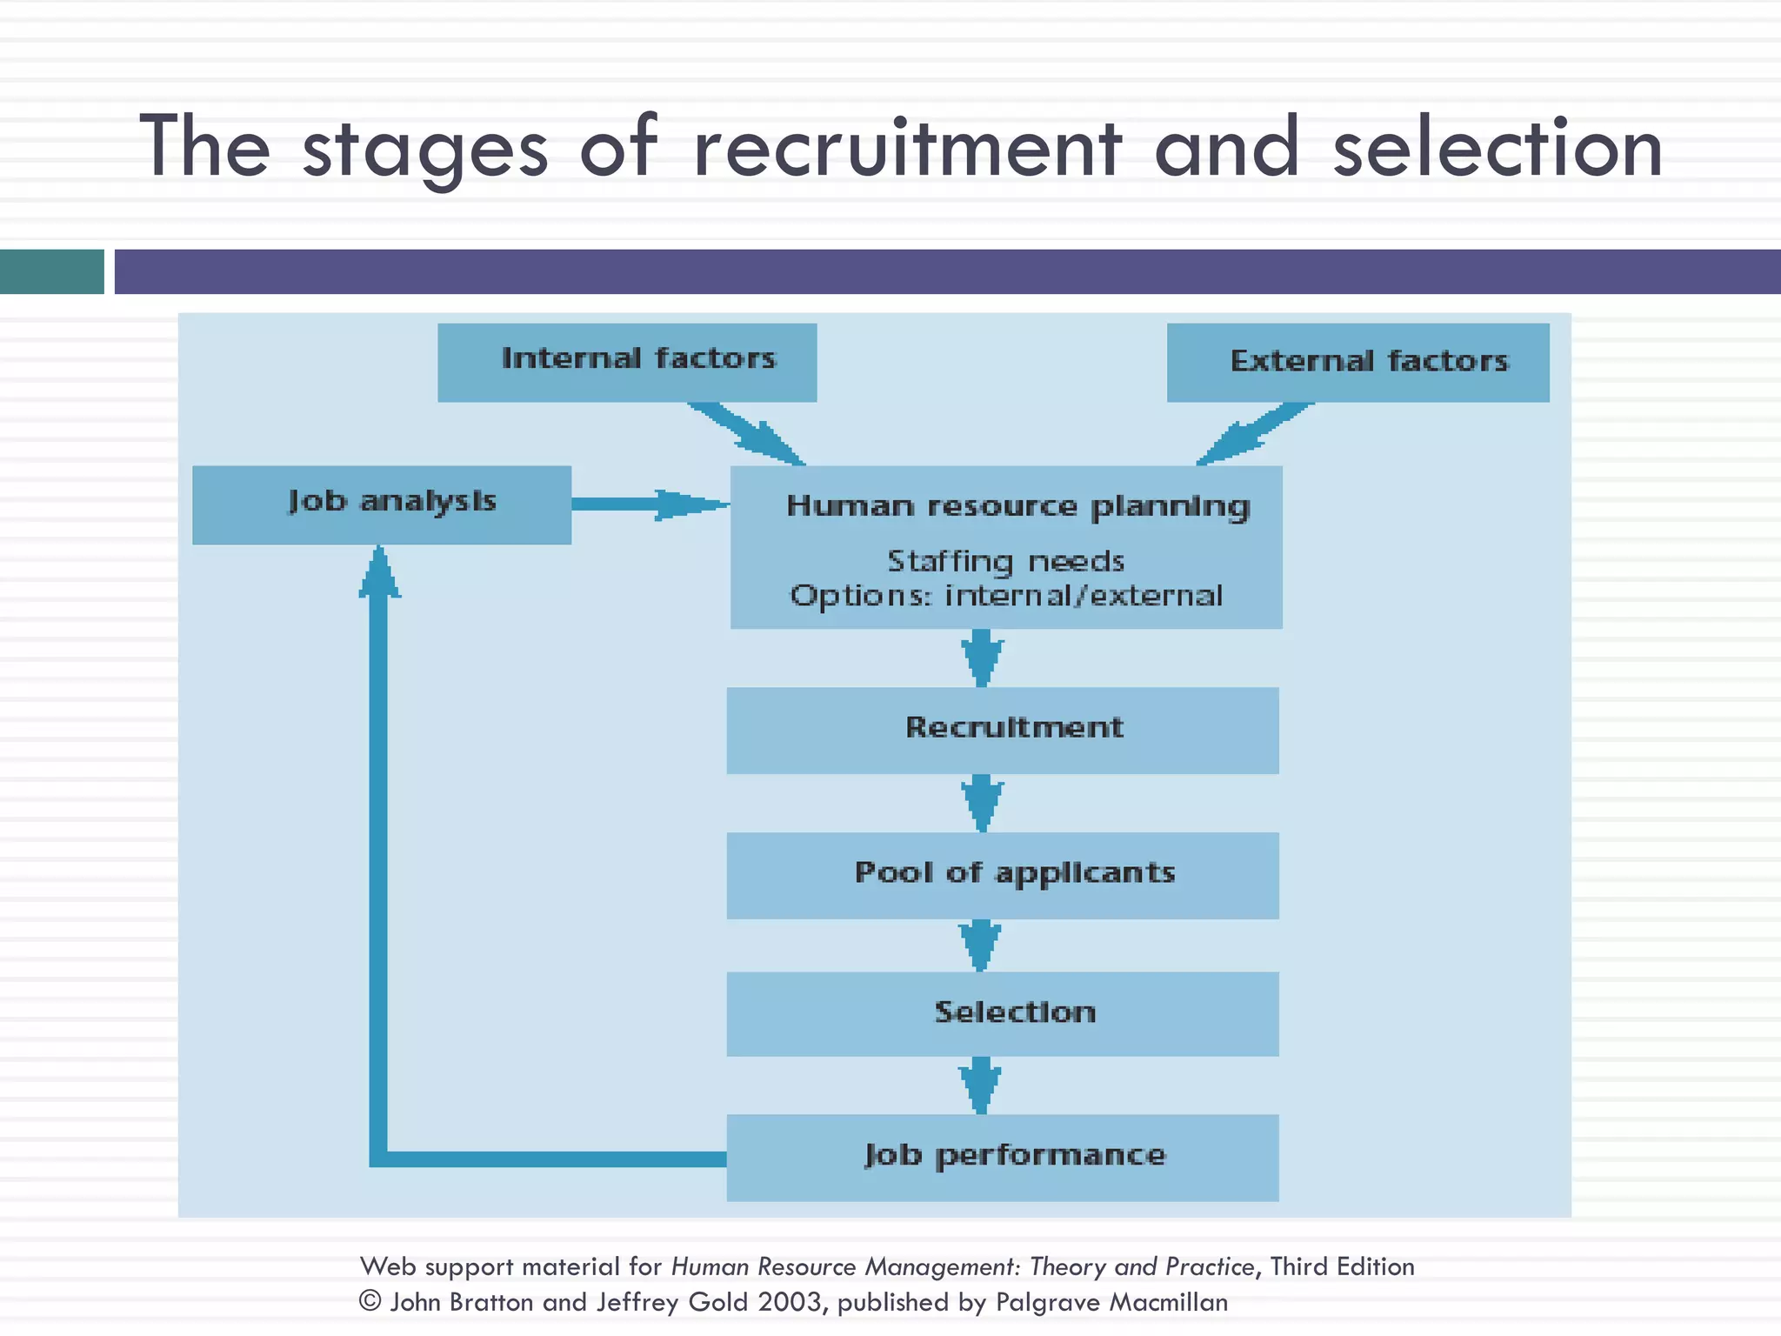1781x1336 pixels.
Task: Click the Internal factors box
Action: [626, 362]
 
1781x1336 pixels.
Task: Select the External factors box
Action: [1357, 362]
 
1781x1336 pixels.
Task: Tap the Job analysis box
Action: [381, 504]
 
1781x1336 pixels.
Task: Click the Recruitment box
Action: [1003, 730]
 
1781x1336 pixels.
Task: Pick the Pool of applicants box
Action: [1003, 875]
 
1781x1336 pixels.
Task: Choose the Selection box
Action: [1003, 1013]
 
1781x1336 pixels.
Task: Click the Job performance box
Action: [1003, 1157]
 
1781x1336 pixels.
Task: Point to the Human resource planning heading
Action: [1017, 506]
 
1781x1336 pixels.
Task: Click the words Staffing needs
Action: [1005, 562]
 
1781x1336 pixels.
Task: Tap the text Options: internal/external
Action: [1005, 597]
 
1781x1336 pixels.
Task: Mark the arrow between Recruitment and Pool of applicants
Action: [982, 803]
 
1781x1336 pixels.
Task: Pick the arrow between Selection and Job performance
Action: [980, 1085]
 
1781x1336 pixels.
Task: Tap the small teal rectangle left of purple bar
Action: [51, 271]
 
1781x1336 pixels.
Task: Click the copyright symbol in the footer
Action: [370, 1301]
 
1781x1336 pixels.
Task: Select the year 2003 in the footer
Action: [789, 1301]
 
